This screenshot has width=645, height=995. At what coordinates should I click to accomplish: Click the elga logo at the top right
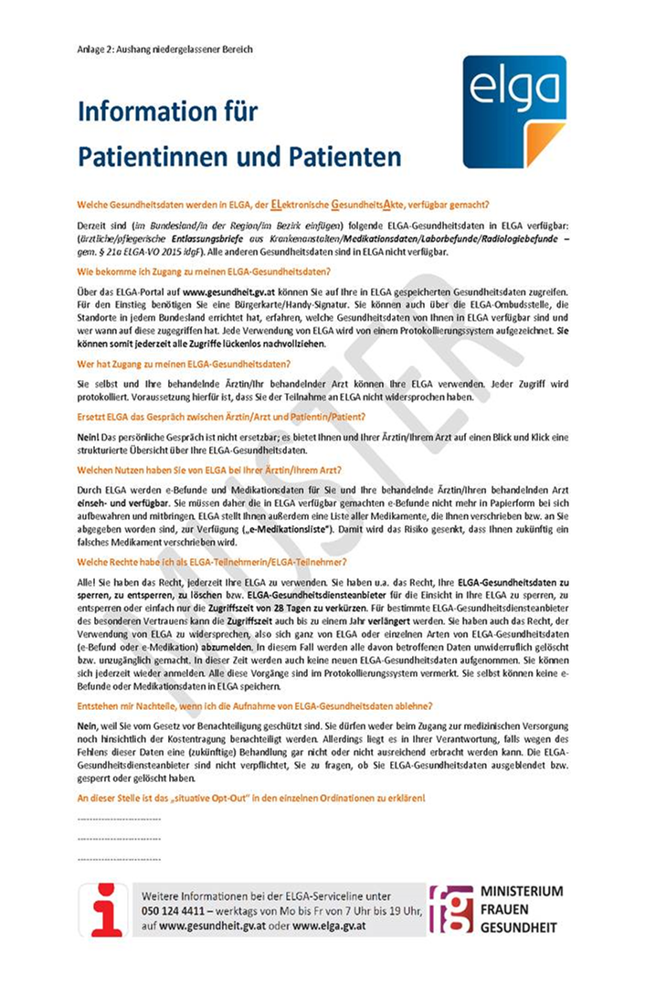click(x=513, y=111)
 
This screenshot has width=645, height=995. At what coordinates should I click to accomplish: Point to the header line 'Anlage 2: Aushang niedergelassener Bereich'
click(x=164, y=48)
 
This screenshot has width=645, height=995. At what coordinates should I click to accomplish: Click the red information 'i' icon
click(x=102, y=909)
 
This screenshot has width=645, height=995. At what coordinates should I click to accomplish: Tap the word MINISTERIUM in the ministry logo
click(x=522, y=892)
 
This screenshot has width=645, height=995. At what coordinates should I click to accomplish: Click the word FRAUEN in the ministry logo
click(x=504, y=909)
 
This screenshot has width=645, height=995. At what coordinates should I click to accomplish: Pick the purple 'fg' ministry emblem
click(x=451, y=908)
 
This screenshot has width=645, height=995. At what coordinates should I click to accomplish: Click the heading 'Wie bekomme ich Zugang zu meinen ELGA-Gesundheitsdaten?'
click(x=204, y=271)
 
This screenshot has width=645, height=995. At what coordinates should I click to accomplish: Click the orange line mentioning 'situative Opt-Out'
click(x=251, y=799)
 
